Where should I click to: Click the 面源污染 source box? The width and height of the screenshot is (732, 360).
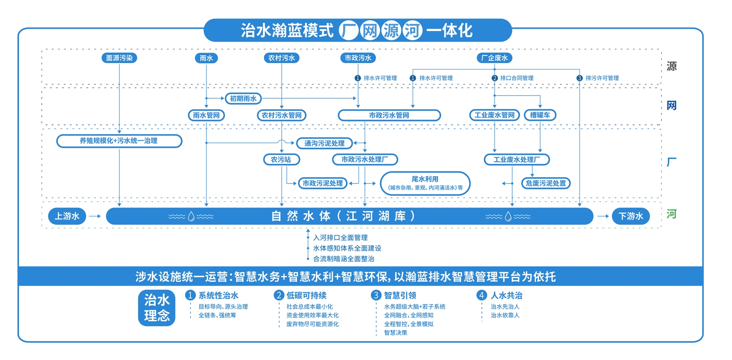point(119,58)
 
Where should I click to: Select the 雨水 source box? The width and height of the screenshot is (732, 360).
point(206,58)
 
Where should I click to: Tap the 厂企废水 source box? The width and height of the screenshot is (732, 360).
point(494,58)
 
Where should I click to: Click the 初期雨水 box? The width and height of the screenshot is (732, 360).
point(243,99)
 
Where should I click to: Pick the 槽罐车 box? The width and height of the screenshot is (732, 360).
point(540,115)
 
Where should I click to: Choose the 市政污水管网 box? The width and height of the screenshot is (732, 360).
point(389,115)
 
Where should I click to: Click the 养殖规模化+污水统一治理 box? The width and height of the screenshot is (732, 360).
point(119,141)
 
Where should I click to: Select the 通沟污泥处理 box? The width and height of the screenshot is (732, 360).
point(324,143)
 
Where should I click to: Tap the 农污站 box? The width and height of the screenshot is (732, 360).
point(281,159)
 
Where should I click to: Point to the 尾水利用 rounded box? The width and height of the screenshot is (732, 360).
point(425,183)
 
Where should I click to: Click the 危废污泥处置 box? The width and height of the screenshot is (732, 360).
point(546,183)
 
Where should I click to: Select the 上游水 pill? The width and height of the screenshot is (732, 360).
point(67,216)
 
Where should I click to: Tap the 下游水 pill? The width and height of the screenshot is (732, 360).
point(631,216)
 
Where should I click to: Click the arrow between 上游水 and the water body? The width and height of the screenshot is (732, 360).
point(95,216)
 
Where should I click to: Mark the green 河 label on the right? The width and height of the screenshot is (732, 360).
point(672,214)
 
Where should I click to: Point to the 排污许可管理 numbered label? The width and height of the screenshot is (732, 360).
point(602,78)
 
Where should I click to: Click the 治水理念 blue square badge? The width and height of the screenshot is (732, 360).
point(157,308)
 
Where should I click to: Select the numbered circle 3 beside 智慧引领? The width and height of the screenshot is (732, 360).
point(375,295)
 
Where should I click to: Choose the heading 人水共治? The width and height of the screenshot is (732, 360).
point(506,295)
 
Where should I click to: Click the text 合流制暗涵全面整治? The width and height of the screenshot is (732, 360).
point(343,259)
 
